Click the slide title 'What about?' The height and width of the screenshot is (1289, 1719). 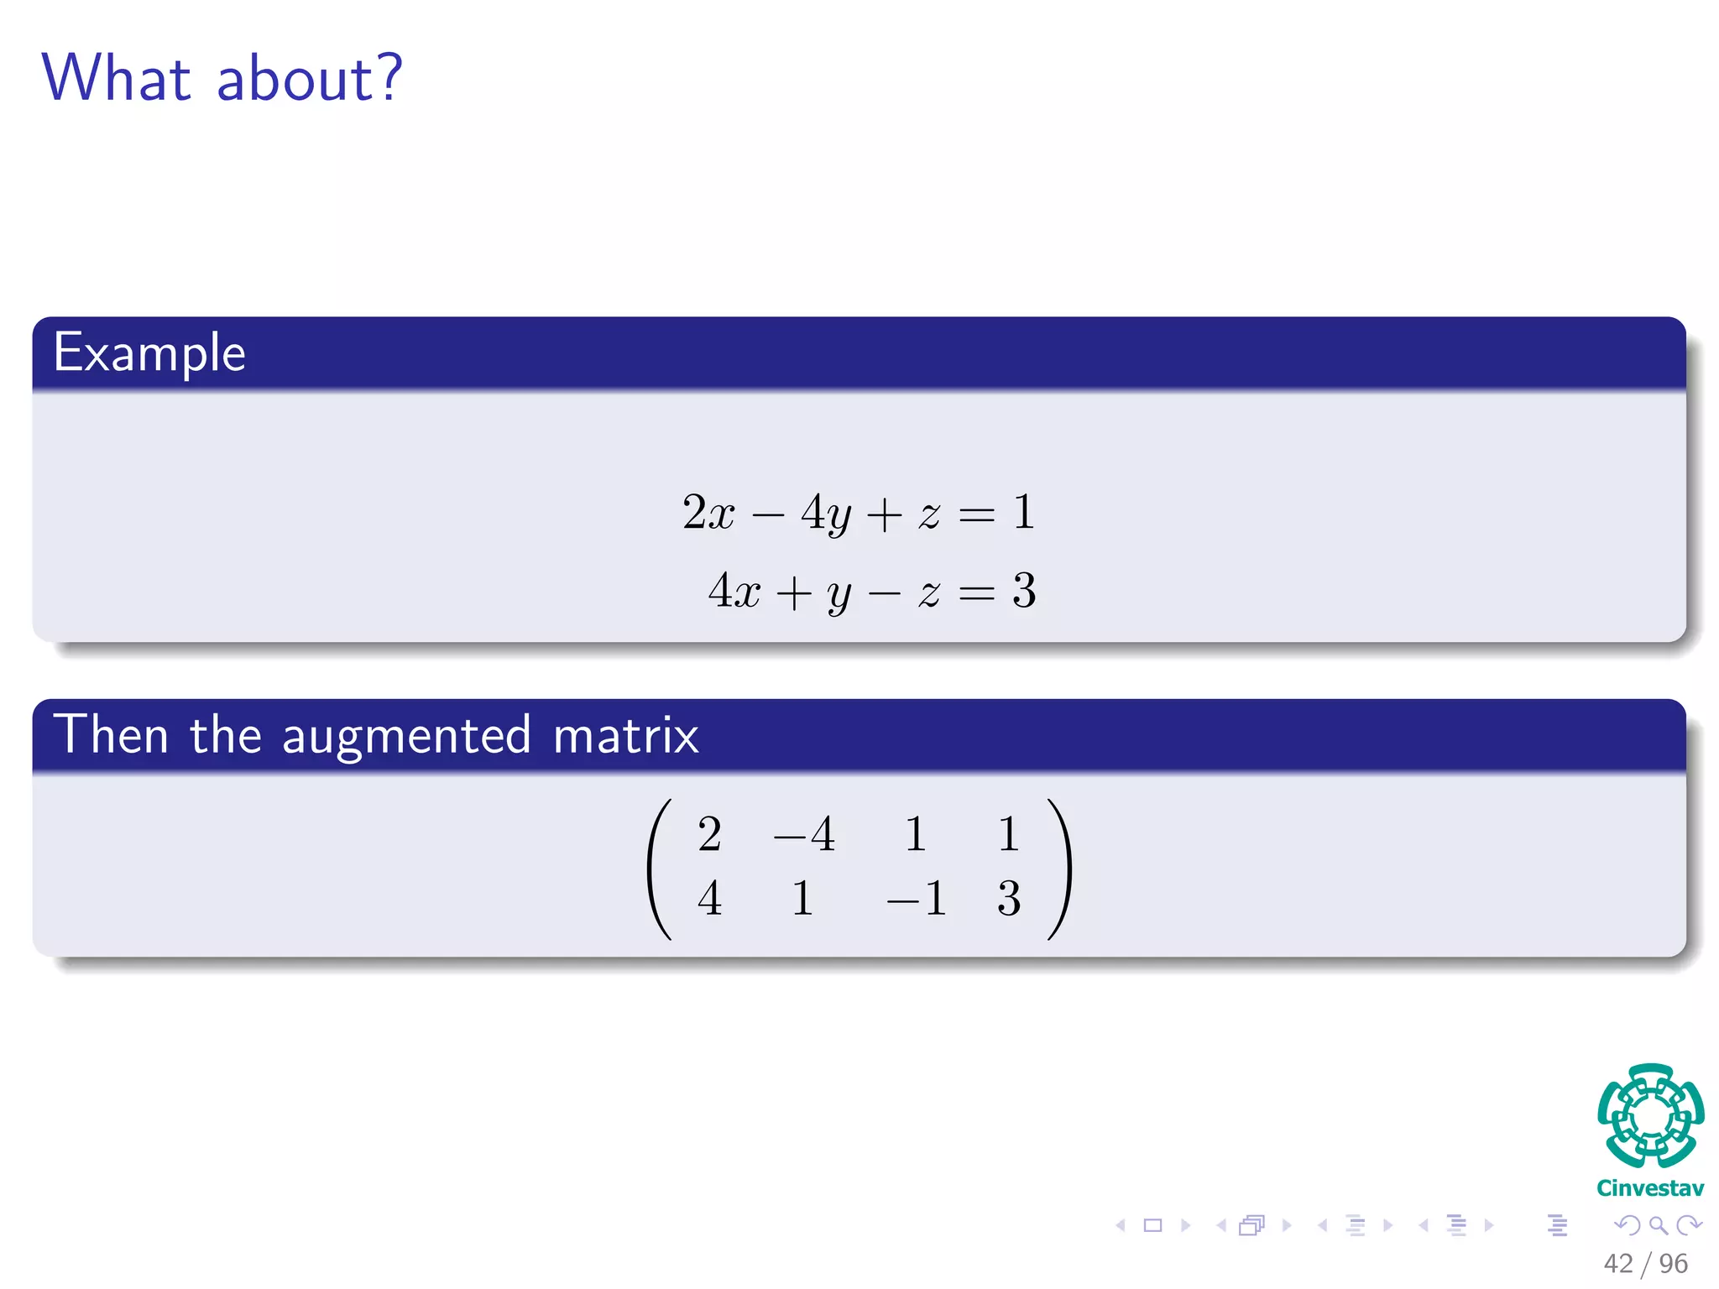222,78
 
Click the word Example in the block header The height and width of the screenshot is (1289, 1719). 149,352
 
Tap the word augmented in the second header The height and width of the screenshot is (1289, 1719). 406,736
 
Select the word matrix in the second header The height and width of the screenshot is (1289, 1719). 625,736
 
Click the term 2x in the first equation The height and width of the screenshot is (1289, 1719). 708,512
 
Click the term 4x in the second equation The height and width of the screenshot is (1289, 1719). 734,591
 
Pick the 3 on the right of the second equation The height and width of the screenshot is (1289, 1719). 1024,591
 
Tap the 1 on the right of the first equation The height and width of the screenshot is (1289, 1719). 1023,512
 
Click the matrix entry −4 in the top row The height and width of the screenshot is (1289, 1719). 804,834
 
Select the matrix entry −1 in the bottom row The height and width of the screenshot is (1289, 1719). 917,898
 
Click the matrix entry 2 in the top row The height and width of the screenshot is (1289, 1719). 709,834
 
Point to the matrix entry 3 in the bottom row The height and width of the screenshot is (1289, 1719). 1009,898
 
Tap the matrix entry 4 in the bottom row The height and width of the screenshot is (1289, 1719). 709,898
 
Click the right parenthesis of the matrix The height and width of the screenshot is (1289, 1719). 1060,869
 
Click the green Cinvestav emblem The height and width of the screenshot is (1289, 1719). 1650,1115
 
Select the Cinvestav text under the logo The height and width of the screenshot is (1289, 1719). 1650,1188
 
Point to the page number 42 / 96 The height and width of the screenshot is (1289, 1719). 1645,1264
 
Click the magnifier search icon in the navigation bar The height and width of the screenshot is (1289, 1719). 1658,1226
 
